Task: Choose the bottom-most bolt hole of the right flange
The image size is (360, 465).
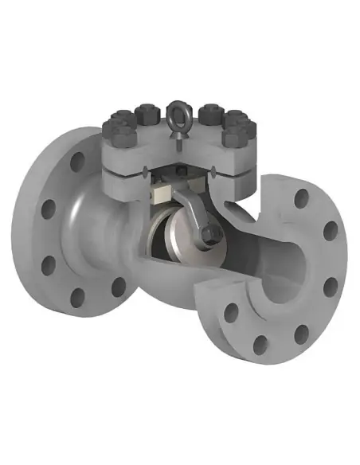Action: coord(260,344)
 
